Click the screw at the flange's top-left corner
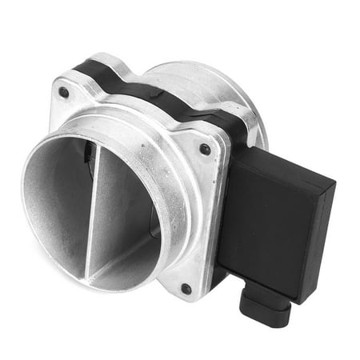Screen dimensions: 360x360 click(x=63, y=92)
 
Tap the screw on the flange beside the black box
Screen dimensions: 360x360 click(x=205, y=149)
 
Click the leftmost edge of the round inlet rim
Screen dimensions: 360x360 click(x=25, y=192)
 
